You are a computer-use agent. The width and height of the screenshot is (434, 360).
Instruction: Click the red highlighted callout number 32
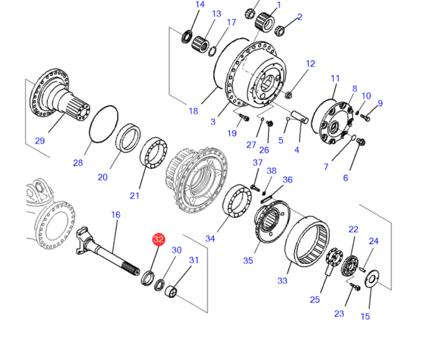tap(159, 239)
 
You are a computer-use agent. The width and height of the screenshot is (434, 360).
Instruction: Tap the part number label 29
tap(40, 141)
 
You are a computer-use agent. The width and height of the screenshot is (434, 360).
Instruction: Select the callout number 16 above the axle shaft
tap(116, 215)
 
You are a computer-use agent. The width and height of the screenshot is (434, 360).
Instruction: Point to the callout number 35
tap(248, 261)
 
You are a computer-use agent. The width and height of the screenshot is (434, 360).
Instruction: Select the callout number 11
tap(335, 79)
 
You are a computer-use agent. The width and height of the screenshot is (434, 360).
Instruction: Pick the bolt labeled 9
tap(365, 116)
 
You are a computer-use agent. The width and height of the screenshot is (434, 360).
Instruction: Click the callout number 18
tap(193, 111)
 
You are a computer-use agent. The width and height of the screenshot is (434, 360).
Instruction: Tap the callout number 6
tap(345, 177)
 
